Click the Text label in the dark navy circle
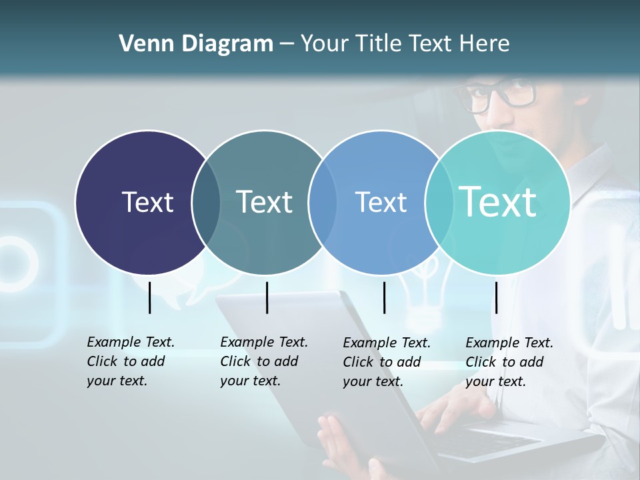(x=147, y=202)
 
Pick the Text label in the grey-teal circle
(x=265, y=202)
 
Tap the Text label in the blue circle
(x=381, y=202)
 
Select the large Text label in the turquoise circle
(x=498, y=201)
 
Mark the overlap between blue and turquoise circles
(x=437, y=202)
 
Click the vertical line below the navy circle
(x=149, y=297)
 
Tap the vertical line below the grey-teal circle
(x=267, y=297)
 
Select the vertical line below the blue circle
(x=384, y=297)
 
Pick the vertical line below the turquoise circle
(x=496, y=297)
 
